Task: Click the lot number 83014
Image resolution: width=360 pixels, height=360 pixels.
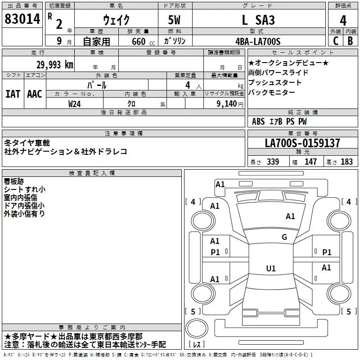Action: [x=22, y=19]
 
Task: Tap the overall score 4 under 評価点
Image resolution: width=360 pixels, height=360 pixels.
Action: [x=343, y=21]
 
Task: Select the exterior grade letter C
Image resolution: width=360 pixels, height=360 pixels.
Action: [x=336, y=41]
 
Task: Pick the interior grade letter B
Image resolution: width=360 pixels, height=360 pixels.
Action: [x=350, y=41]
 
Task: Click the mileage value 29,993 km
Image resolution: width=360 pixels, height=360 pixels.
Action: [x=55, y=65]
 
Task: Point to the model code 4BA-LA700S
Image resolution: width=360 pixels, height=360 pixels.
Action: [x=258, y=41]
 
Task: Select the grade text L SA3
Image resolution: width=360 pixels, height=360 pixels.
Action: [x=258, y=20]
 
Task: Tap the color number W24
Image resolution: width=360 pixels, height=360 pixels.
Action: [x=74, y=104]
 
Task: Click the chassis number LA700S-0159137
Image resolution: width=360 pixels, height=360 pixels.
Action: [x=302, y=143]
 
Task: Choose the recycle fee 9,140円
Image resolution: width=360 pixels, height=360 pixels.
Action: [x=230, y=104]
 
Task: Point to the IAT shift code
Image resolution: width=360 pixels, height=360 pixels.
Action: [x=13, y=94]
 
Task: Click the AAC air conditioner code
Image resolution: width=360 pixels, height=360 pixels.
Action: [x=35, y=94]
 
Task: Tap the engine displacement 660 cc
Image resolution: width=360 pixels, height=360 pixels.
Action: [x=143, y=41]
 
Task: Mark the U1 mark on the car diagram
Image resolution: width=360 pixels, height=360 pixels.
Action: [x=271, y=268]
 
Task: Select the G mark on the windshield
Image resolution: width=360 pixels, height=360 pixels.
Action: [x=284, y=237]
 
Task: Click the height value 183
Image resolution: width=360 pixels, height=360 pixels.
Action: [x=346, y=162]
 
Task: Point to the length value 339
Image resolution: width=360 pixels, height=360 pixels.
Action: [x=273, y=162]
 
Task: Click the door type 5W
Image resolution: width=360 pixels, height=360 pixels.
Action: [x=174, y=20]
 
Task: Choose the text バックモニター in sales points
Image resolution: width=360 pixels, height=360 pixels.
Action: [x=272, y=93]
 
